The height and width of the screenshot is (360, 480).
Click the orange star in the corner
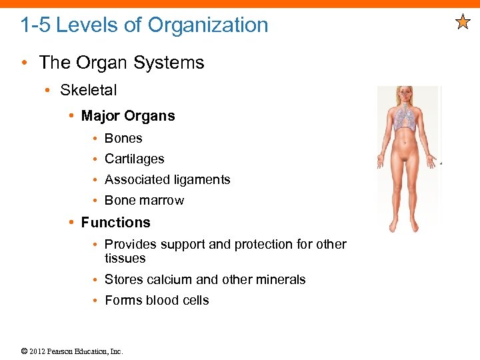(x=463, y=23)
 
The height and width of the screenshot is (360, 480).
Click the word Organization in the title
(x=207, y=25)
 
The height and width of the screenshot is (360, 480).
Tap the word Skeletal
(x=88, y=90)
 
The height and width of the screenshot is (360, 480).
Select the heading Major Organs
(x=128, y=116)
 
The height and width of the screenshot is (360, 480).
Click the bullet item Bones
(x=123, y=138)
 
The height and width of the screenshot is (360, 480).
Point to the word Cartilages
(x=134, y=159)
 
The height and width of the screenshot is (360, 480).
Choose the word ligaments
(x=201, y=180)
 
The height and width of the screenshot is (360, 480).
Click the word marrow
(x=163, y=200)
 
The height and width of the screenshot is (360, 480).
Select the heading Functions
(x=115, y=223)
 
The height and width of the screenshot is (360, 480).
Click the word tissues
(x=125, y=258)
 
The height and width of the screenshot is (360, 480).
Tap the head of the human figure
(x=405, y=95)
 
